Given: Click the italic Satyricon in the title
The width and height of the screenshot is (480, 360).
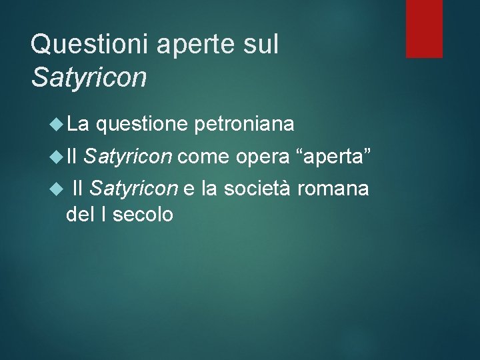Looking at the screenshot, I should (88, 77).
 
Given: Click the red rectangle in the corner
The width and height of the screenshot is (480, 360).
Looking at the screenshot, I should (425, 29).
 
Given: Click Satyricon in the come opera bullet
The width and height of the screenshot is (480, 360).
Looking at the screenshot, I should (129, 157).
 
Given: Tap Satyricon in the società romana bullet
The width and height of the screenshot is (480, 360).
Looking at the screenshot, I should (133, 189).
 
